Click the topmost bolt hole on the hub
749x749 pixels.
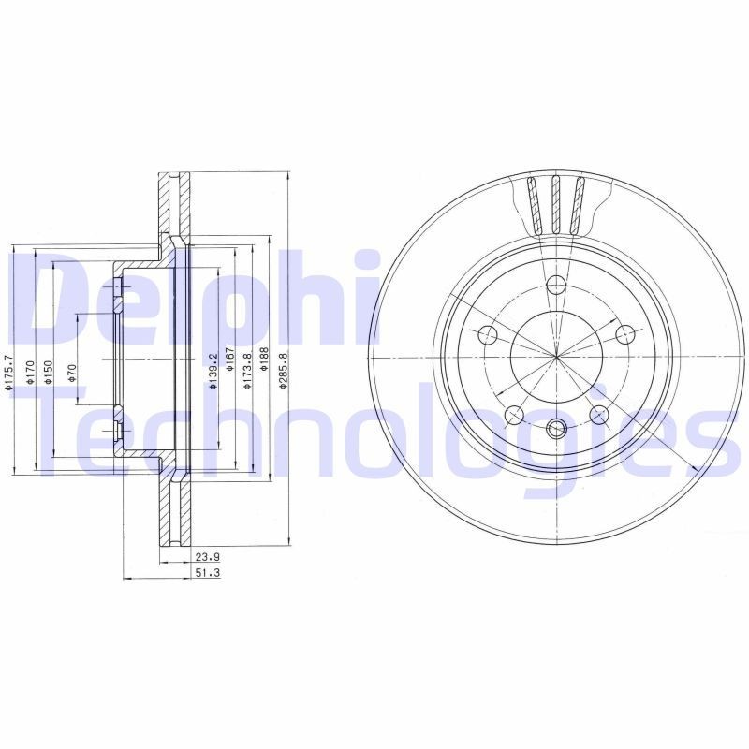pyautogui.click(x=556, y=286)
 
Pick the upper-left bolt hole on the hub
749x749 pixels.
pyautogui.click(x=487, y=335)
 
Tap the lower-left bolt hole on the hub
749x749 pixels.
pyautogui.click(x=513, y=415)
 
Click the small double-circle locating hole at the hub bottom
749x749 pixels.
pyautogui.click(x=556, y=430)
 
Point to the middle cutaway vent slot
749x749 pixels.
pyautogui.click(x=556, y=204)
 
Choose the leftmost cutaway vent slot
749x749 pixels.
pyautogui.click(x=534, y=204)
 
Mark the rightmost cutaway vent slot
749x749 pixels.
pyautogui.click(x=579, y=204)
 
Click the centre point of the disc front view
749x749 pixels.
pyautogui.click(x=556, y=358)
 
